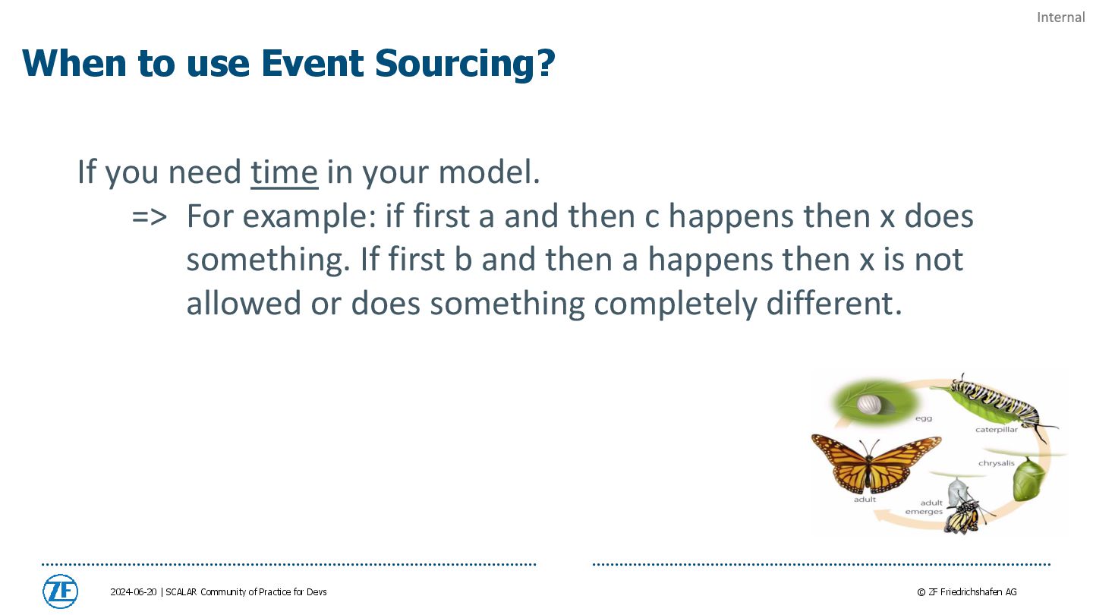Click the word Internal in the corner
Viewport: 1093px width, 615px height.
(1061, 17)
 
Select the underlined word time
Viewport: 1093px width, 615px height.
(285, 172)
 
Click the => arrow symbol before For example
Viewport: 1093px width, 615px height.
(150, 216)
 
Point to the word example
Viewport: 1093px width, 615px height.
(310, 217)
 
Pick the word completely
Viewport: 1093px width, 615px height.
(676, 304)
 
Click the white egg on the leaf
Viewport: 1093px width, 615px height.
(870, 405)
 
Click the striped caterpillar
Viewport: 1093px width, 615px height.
(998, 403)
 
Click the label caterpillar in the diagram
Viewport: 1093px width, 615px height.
(997, 430)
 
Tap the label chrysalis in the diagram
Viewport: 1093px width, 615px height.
(997, 462)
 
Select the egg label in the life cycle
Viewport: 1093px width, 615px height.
(924, 418)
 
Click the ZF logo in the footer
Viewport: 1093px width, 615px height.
(61, 591)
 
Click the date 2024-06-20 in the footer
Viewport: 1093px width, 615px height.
(134, 591)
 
